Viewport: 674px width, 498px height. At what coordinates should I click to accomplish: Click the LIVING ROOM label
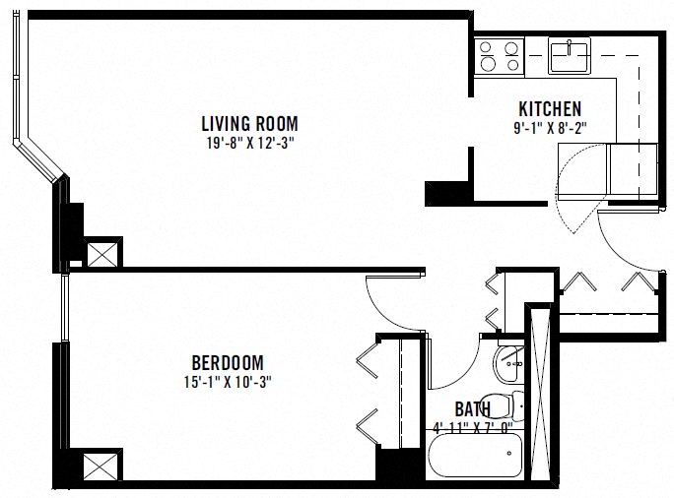[x=249, y=124]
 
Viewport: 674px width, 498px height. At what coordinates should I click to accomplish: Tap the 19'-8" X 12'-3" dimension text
[x=249, y=142]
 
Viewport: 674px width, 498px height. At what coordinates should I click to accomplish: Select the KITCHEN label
[x=550, y=109]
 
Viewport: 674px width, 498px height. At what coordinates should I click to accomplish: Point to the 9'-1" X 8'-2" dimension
[x=550, y=126]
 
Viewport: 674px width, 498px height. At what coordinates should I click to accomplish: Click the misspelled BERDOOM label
[x=228, y=363]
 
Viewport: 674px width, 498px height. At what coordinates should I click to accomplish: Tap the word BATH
[x=474, y=408]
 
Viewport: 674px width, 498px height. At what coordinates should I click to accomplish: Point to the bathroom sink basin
[x=510, y=364]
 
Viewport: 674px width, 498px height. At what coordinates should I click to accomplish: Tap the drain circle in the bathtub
[x=508, y=454]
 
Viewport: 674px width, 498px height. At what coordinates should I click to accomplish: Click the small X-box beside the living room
[x=101, y=253]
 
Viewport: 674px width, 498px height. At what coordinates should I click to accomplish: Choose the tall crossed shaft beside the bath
[x=539, y=394]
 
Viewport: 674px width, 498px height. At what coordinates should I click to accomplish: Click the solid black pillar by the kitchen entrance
[x=438, y=193]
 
